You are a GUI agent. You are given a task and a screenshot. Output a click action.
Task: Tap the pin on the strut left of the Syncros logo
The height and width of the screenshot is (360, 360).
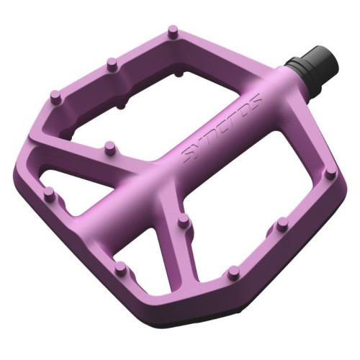110,148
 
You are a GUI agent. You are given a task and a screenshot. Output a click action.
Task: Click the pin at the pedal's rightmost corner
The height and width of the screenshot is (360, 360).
329,175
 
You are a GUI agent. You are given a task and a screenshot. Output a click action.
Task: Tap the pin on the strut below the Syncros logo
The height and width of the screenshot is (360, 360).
184,220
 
